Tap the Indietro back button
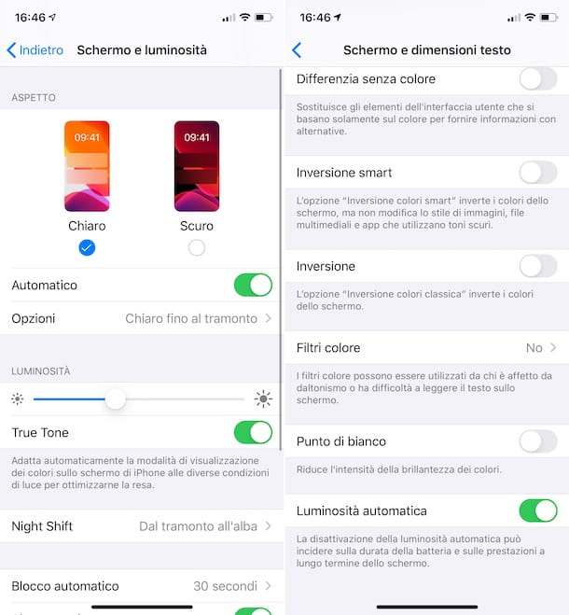pos(35,49)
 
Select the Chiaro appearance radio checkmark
pos(87,247)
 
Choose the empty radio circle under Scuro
pos(196,247)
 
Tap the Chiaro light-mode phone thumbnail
pos(87,166)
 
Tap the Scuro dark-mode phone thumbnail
pos(196,166)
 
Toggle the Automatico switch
pos(253,285)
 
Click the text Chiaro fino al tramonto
pos(191,318)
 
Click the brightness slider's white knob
pos(115,399)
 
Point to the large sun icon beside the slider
pos(263,399)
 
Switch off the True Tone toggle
pos(253,432)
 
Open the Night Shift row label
pos(42,526)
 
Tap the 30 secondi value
pos(225,586)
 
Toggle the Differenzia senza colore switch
pos(537,78)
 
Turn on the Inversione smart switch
pos(537,172)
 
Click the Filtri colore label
pos(328,348)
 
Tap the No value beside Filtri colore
pos(534,348)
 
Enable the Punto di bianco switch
pos(537,440)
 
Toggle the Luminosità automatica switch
pos(537,510)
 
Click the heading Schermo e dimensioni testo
pos(426,49)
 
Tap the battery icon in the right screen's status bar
pos(551,18)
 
